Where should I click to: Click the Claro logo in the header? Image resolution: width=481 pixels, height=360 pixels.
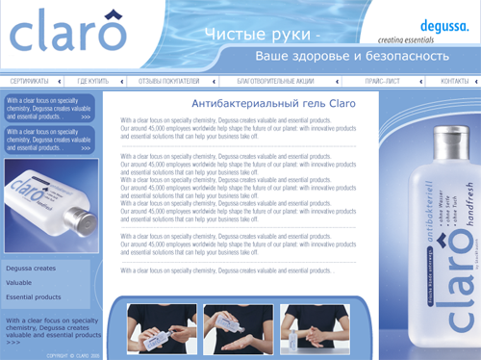[67, 36]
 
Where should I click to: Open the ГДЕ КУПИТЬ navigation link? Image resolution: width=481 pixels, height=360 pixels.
[94, 82]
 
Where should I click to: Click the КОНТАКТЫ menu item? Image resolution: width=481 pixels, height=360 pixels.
[454, 82]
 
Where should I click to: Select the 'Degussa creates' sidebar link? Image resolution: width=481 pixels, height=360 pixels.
[31, 269]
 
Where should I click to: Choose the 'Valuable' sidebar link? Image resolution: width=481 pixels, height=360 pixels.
[19, 283]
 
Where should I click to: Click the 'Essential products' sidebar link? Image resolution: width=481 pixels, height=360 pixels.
[34, 297]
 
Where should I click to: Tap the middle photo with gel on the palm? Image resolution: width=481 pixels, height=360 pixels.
[237, 327]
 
